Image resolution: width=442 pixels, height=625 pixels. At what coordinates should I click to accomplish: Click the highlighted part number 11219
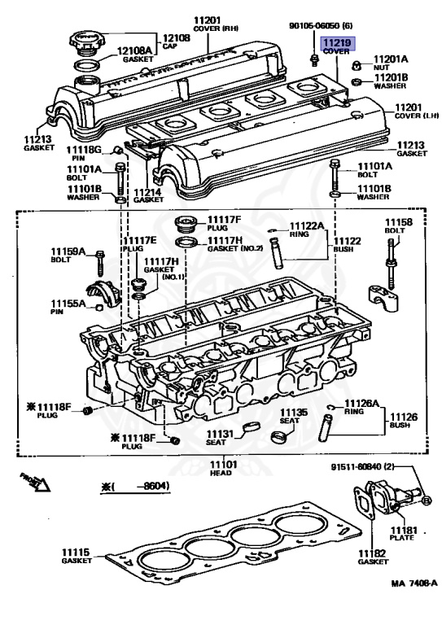tap(337, 42)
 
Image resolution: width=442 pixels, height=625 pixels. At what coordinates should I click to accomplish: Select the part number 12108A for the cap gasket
tap(134, 50)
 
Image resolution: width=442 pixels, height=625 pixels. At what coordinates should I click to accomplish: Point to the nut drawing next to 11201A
tap(357, 65)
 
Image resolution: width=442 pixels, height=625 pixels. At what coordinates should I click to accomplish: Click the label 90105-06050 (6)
tap(321, 26)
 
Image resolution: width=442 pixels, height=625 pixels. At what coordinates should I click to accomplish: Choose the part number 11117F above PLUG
tap(225, 220)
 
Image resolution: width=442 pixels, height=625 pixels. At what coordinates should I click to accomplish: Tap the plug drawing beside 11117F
tap(186, 224)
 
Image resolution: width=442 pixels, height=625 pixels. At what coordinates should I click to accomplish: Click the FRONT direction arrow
tap(35, 482)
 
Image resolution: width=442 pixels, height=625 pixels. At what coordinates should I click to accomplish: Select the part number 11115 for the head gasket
tap(76, 553)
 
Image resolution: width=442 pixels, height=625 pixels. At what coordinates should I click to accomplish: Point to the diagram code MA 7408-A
tap(414, 583)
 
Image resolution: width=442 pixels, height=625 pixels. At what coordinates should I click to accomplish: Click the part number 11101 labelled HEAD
tap(223, 465)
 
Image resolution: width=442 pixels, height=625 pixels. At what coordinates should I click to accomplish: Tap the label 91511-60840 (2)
tap(362, 466)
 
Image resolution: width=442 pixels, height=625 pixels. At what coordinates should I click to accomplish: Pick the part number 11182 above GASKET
tap(372, 553)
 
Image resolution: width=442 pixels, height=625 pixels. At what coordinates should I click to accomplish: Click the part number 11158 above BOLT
tap(398, 222)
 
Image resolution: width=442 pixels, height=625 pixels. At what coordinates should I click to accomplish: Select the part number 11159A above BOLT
tap(68, 251)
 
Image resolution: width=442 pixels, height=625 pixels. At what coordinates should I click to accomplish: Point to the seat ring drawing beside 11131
tap(251, 426)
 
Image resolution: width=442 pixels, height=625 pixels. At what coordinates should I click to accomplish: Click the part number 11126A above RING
tap(361, 404)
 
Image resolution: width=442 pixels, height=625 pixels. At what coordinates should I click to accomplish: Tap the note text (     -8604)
tap(135, 487)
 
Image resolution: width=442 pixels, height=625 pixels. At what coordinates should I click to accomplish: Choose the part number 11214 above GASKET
tap(147, 192)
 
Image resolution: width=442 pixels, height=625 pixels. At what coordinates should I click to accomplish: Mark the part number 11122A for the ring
tap(307, 226)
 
